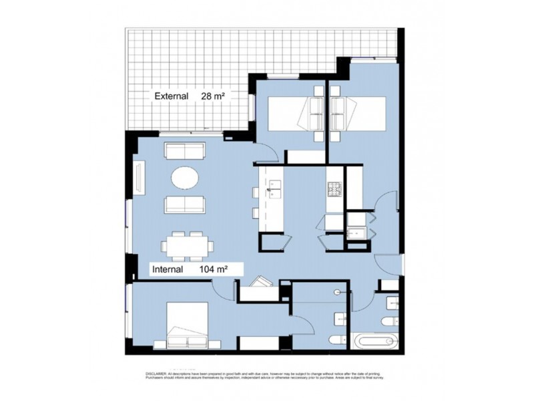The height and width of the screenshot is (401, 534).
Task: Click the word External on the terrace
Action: click(x=170, y=96)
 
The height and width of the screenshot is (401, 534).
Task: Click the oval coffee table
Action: click(x=185, y=178)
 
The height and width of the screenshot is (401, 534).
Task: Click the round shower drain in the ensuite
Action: click(x=338, y=292)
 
